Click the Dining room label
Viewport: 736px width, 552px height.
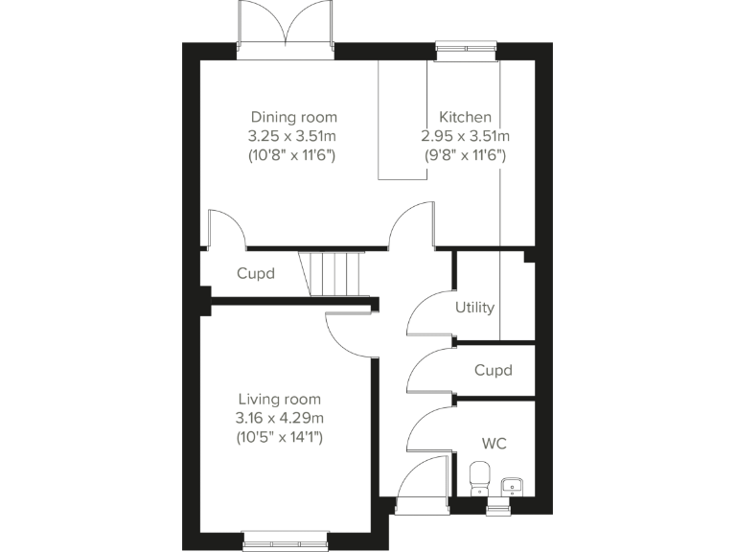coord(293,117)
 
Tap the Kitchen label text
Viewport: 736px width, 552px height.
coord(465,117)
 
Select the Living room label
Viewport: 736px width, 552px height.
coord(279,399)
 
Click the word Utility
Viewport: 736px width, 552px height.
coord(475,308)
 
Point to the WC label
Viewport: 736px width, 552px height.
coord(494,444)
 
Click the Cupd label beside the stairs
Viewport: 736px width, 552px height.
coord(256,274)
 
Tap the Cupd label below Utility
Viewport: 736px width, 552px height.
coord(494,370)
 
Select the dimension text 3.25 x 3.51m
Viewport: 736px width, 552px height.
coord(293,135)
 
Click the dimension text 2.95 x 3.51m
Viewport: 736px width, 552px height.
coord(465,135)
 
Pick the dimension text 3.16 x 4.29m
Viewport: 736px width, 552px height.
coord(279,418)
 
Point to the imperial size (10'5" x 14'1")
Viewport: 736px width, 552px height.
coord(279,437)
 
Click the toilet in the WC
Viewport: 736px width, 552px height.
coord(480,476)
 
